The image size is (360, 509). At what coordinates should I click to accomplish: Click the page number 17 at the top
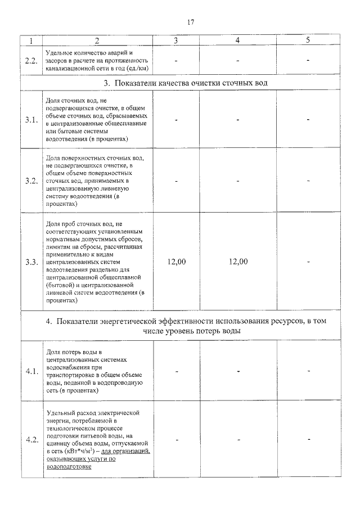[190, 22]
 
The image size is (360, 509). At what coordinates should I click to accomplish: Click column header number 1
[31, 40]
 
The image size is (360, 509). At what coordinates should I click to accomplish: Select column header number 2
[97, 40]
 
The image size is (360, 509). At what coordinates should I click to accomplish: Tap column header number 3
[176, 40]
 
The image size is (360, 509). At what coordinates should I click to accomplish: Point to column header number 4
[238, 40]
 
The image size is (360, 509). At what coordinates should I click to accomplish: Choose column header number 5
[308, 40]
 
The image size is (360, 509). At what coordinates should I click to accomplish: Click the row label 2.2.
[31, 60]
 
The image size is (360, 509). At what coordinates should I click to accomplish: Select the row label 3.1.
[31, 120]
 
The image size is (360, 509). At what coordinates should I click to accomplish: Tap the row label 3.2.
[31, 181]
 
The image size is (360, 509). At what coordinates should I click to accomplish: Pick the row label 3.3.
[31, 262]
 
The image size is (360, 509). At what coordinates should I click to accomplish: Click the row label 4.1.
[31, 371]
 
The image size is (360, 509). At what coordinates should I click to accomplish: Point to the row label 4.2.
[31, 439]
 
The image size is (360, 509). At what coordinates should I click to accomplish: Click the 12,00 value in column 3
[177, 262]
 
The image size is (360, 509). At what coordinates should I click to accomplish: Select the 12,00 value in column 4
[238, 262]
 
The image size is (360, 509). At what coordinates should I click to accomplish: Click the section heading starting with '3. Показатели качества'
[186, 83]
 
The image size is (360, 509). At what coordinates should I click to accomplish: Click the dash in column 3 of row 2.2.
[176, 60]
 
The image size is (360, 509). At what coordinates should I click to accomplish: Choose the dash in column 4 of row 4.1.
[238, 371]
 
